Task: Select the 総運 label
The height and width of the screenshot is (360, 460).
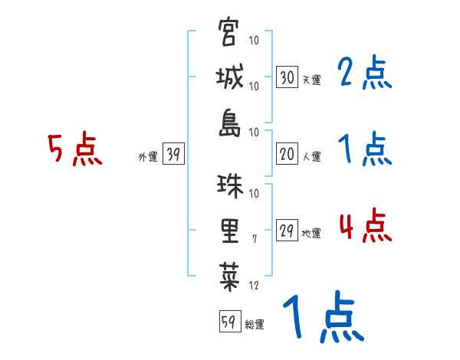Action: coord(255,325)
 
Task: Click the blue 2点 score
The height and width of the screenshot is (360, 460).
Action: coord(364,74)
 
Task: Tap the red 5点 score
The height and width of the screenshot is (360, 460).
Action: coord(74,150)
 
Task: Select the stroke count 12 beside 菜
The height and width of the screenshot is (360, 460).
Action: coord(255,285)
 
